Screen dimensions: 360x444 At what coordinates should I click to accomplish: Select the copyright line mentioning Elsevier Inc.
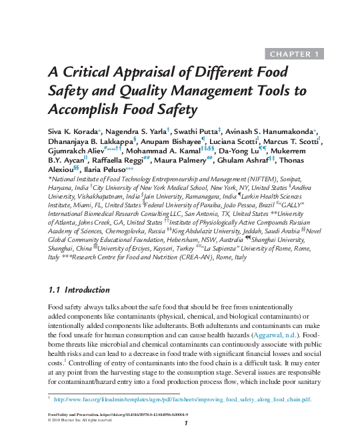coord(81,420)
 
